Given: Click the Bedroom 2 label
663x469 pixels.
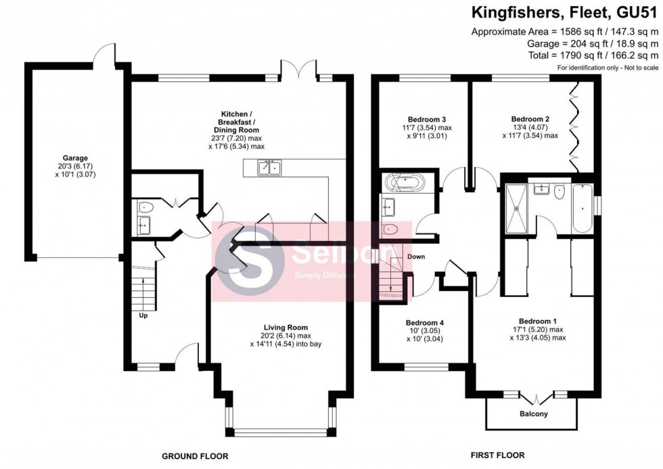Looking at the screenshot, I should click(x=530, y=119).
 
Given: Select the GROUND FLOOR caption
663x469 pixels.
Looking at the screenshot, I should click(x=195, y=455).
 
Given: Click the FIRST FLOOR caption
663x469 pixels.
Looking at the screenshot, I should click(x=497, y=455).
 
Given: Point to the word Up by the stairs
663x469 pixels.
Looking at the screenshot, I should click(x=143, y=315).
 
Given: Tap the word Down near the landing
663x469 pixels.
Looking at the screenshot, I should click(x=416, y=257).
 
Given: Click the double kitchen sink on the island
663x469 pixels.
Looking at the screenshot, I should click(x=269, y=168).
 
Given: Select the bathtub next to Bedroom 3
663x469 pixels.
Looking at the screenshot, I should click(x=404, y=181).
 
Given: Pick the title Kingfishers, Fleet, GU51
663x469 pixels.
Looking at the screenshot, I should click(x=566, y=12).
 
